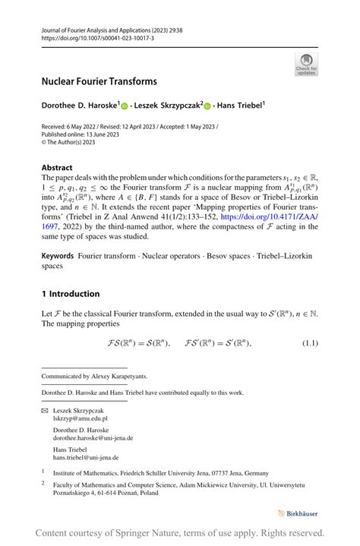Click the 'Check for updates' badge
tap(306, 65)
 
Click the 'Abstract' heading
tap(57, 168)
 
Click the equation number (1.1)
tap(310, 344)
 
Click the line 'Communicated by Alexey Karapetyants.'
tap(94, 376)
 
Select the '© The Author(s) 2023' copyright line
tap(68, 141)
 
